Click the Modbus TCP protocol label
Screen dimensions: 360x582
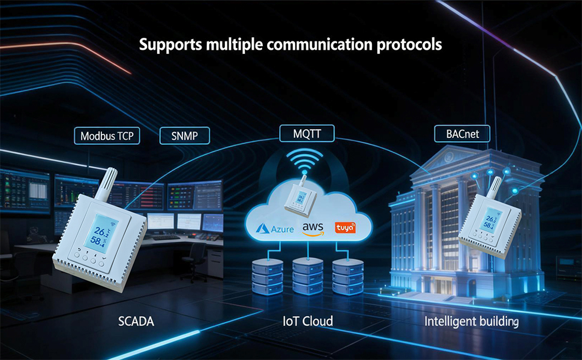tap(107, 136)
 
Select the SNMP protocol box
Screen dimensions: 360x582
tap(187, 136)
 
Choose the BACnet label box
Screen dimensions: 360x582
tap(462, 134)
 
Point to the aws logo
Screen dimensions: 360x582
tap(313, 229)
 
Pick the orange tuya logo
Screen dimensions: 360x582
tap(346, 228)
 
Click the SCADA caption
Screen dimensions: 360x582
tap(136, 321)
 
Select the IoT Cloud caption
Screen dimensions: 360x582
tap(308, 321)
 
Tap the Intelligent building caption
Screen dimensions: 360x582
tap(472, 321)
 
